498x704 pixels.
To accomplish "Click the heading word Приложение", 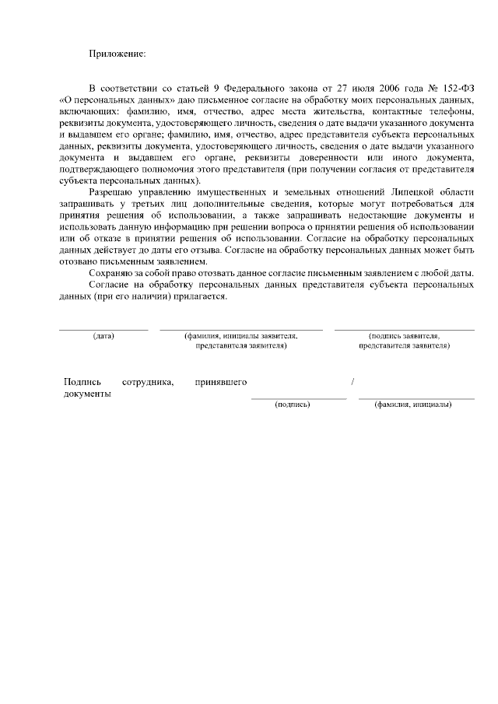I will tap(116, 53).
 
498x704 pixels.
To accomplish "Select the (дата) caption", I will tap(103, 336).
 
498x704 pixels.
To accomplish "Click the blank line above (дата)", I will tap(103, 329).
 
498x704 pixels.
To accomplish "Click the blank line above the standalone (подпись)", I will tap(299, 398).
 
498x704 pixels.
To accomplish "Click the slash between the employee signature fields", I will tap(353, 382).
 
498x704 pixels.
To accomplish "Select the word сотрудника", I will tap(148, 382).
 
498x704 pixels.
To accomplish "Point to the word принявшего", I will tap(222, 382).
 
